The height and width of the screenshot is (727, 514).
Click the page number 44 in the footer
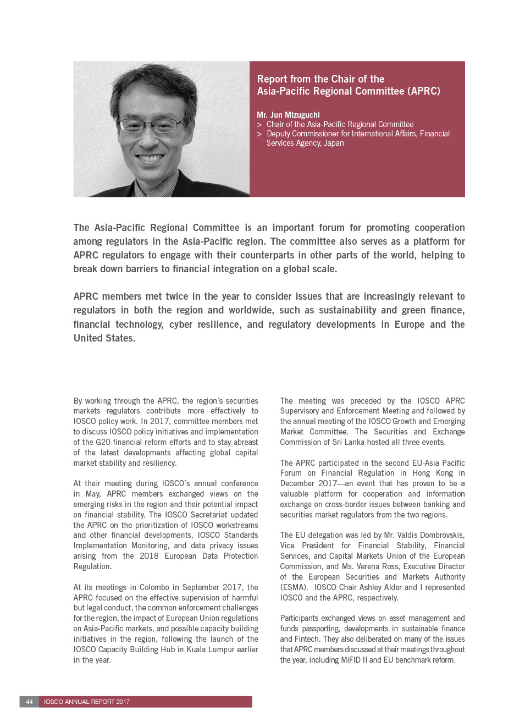[29, 702]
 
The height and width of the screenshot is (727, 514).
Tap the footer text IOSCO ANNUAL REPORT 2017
[87, 702]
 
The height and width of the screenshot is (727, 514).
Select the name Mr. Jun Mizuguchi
[288, 115]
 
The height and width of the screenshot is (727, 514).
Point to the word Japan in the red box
[334, 143]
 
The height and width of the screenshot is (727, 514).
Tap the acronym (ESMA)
[294, 587]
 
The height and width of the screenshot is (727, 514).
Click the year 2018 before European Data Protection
[149, 556]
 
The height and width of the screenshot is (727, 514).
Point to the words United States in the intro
[104, 338]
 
